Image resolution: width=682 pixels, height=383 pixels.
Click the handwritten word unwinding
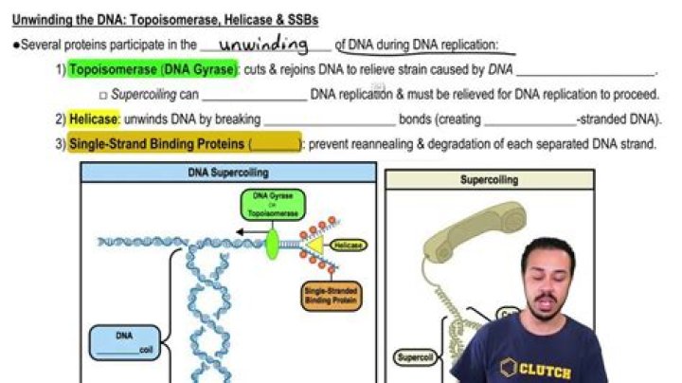(263, 44)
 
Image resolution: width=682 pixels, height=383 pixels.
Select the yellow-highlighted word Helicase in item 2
(94, 119)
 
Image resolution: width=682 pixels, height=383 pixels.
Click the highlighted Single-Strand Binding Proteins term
(157, 144)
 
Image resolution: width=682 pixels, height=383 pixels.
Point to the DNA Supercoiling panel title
(228, 173)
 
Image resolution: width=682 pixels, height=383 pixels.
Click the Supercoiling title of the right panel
(489, 178)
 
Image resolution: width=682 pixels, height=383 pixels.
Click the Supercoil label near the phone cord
(413, 357)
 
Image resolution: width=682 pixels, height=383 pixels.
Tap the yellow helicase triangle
(312, 246)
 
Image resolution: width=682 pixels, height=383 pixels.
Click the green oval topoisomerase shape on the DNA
(273, 244)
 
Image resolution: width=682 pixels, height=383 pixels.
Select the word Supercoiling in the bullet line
(141, 95)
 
